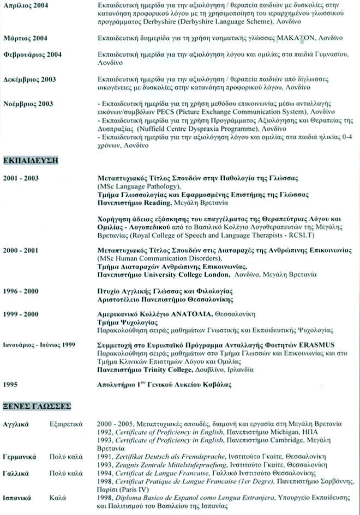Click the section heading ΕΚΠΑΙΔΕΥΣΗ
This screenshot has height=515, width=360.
31,161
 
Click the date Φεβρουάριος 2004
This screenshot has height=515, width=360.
32,54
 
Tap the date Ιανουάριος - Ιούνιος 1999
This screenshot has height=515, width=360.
39,345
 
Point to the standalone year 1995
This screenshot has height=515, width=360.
11,384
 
